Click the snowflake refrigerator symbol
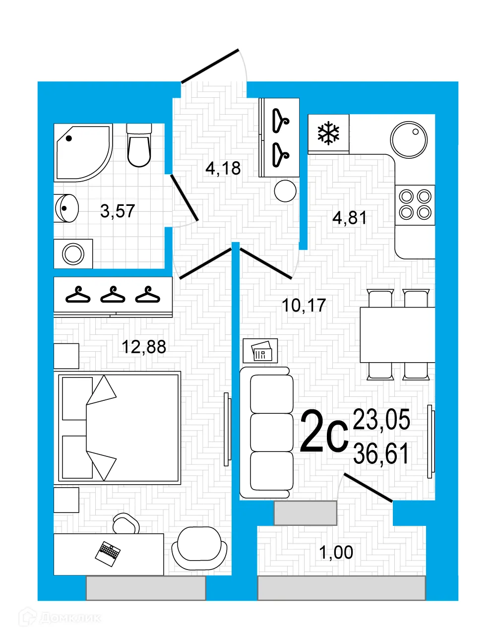[x=328, y=133]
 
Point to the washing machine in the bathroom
[x=73, y=254]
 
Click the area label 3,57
[x=118, y=211]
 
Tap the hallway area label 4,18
[x=223, y=169]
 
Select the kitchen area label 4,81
[x=350, y=217]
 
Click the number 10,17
[x=304, y=305]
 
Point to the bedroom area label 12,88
[x=144, y=347]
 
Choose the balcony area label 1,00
[x=336, y=552]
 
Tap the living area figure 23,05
[x=381, y=420]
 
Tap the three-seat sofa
[x=266, y=432]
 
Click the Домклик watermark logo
[x=60, y=618]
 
